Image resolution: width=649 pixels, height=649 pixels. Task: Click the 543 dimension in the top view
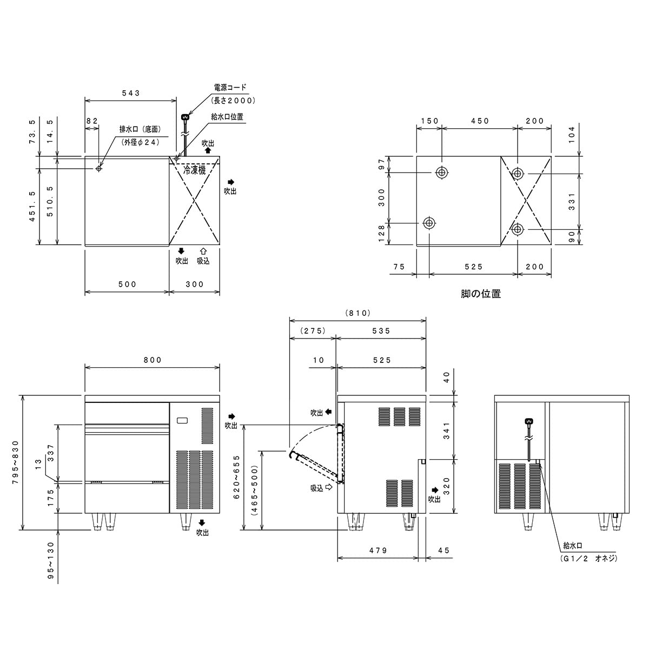(130, 93)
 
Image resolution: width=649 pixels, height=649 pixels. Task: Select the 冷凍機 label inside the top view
(195, 170)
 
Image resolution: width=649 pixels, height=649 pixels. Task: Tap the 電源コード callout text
(230, 87)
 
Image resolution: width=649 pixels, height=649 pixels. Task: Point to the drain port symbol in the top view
(98, 169)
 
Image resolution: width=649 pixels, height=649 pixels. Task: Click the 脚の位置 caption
(480, 294)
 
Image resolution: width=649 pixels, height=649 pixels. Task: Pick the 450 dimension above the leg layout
(480, 121)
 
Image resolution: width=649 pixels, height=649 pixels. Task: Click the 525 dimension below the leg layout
(473, 267)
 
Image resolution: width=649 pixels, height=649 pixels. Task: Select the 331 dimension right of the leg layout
(573, 201)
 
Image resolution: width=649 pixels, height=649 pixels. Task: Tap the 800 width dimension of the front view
(153, 360)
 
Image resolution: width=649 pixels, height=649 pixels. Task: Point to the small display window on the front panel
(182, 420)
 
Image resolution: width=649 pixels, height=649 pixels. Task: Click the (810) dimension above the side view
(357, 313)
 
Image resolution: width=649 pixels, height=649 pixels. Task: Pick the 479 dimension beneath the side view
(378, 551)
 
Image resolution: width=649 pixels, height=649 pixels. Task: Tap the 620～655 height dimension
(236, 476)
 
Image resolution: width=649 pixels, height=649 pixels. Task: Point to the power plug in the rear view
(529, 422)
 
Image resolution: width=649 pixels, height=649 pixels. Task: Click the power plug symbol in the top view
(186, 116)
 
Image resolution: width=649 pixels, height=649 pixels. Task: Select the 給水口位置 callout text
(227, 116)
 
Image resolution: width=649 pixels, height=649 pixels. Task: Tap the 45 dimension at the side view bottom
(443, 551)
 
